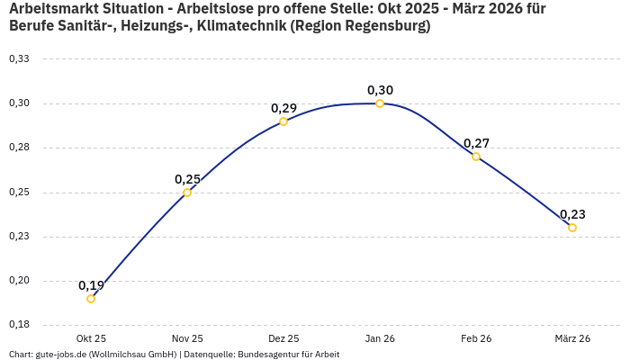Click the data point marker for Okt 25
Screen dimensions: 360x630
(x=91, y=299)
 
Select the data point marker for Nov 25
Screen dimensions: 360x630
(x=187, y=193)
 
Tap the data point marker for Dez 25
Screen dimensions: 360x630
(x=283, y=121)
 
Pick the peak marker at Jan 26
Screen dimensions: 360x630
(x=380, y=103)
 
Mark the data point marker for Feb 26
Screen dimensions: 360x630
(x=476, y=157)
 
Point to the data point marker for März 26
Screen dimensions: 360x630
(x=572, y=228)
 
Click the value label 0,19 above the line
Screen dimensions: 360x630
(x=91, y=285)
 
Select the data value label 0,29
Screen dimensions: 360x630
(x=283, y=108)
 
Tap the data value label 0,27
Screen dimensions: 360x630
(x=476, y=143)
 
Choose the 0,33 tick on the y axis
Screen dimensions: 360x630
(x=19, y=59)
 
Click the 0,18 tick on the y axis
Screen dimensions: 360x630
(x=19, y=325)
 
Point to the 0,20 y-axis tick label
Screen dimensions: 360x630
(x=19, y=281)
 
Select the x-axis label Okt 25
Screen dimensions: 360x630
(x=91, y=338)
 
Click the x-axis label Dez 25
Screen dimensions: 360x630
(x=283, y=338)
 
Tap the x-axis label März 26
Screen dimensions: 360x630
(x=572, y=338)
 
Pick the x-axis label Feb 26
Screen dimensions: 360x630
(x=476, y=338)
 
